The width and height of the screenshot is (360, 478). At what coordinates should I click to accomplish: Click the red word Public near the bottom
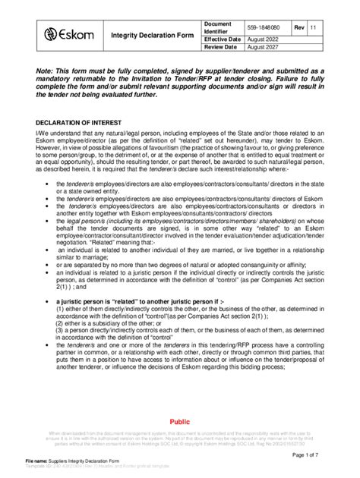click(180, 421)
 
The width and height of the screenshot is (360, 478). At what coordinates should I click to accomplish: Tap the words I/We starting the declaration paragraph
click(43, 134)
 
